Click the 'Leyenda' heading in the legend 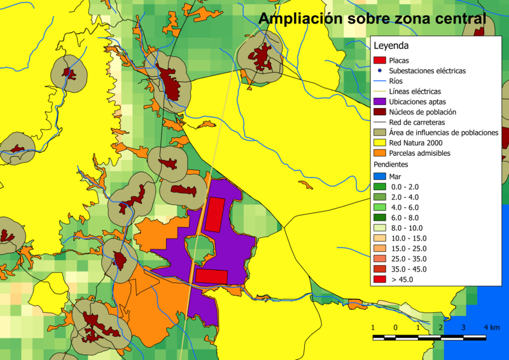pyautogui.click(x=391, y=46)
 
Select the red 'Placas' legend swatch pyautogui.click(x=379, y=60)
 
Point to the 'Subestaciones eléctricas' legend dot pyautogui.click(x=379, y=71)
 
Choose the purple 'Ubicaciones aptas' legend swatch pyautogui.click(x=379, y=101)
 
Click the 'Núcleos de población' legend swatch pyautogui.click(x=379, y=111)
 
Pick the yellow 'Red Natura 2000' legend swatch pyautogui.click(x=379, y=142)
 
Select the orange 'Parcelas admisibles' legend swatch pyautogui.click(x=379, y=153)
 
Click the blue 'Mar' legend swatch pyautogui.click(x=379, y=176)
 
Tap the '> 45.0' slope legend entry pyautogui.click(x=402, y=279)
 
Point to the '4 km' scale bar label pyautogui.click(x=491, y=327)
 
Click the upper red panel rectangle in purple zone pyautogui.click(x=215, y=214)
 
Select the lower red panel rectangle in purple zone pyautogui.click(x=211, y=276)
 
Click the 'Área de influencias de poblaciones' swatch pyautogui.click(x=379, y=132)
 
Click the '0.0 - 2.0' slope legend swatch pyautogui.click(x=379, y=186)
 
